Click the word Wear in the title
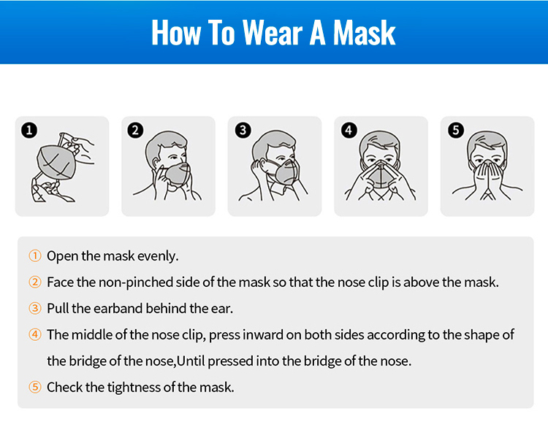[273, 32]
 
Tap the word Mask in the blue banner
[364, 32]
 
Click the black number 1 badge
[29, 130]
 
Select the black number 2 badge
[135, 130]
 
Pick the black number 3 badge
[243, 130]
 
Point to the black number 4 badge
[349, 130]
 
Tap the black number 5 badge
[456, 130]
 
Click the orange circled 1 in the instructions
[35, 256]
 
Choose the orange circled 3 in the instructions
[35, 308]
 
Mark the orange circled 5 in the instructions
[35, 387]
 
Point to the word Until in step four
[191, 361]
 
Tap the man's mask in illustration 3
[285, 172]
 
